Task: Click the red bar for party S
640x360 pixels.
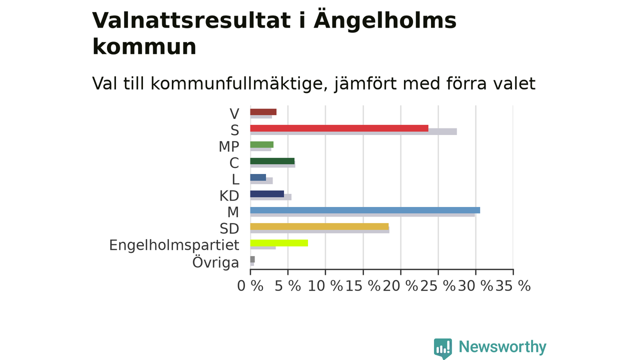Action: pyautogui.click(x=339, y=128)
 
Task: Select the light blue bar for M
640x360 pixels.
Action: pyautogui.click(x=365, y=210)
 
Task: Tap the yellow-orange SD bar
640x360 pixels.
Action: pyautogui.click(x=319, y=226)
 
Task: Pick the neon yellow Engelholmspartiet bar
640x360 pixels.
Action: pyautogui.click(x=279, y=243)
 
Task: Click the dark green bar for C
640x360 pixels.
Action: pyautogui.click(x=272, y=161)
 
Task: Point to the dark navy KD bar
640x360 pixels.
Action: pyautogui.click(x=267, y=194)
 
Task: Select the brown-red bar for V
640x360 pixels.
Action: pyautogui.click(x=263, y=112)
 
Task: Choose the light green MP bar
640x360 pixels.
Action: pyautogui.click(x=261, y=144)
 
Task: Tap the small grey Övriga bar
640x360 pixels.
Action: pyautogui.click(x=252, y=259)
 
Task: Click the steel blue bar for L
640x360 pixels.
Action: pyautogui.click(x=258, y=177)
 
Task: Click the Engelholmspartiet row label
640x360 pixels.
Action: pyautogui.click(x=174, y=245)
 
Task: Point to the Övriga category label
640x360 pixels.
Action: pyautogui.click(x=215, y=262)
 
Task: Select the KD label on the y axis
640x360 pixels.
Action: pyautogui.click(x=229, y=196)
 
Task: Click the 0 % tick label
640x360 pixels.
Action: pyautogui.click(x=250, y=285)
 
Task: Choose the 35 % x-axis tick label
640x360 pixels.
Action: pyautogui.click(x=513, y=285)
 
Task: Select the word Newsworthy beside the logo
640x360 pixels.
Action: pyautogui.click(x=502, y=347)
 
